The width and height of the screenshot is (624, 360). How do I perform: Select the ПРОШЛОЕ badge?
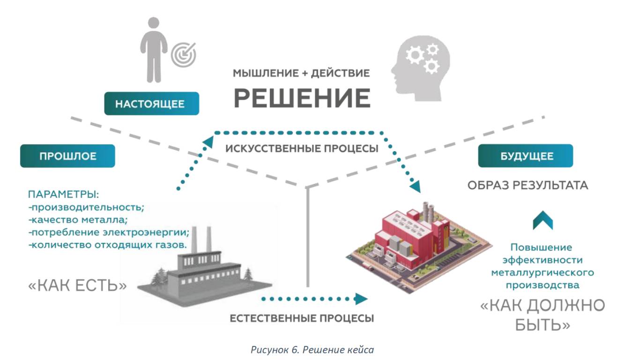tap(67, 156)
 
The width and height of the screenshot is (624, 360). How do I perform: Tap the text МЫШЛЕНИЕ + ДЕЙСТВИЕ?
tap(302, 73)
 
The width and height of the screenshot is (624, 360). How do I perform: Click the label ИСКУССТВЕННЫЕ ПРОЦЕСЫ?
tap(302, 149)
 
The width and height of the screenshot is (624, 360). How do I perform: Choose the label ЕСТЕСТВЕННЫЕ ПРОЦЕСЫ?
tap(302, 319)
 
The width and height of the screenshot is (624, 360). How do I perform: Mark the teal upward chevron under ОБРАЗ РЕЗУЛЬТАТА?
tap(543, 220)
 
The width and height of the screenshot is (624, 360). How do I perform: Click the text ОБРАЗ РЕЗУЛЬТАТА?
tap(527, 185)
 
